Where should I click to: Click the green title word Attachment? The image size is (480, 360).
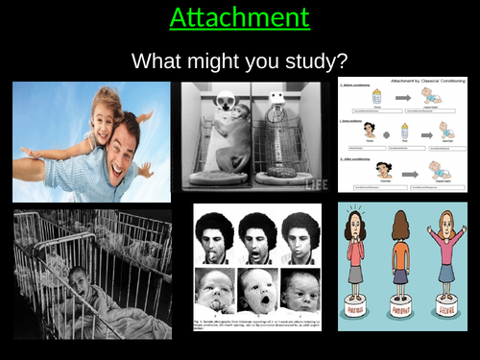pos(240,17)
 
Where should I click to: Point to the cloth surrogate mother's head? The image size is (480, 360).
pos(228,102)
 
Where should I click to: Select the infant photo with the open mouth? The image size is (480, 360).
pos(258,292)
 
